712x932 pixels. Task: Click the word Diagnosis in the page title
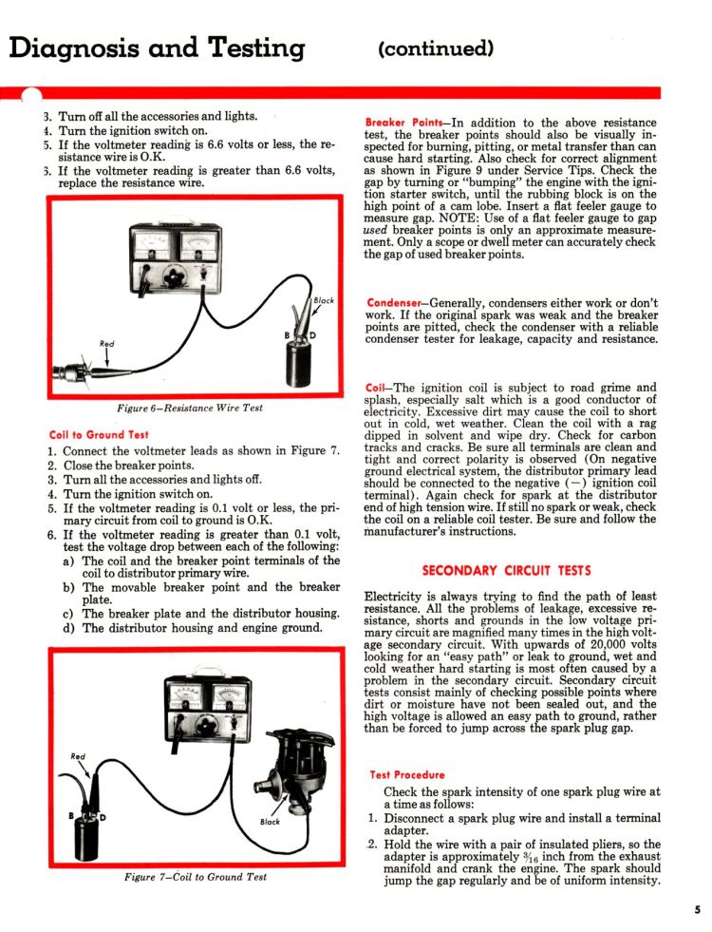(x=75, y=48)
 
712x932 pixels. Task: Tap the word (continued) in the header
(x=436, y=48)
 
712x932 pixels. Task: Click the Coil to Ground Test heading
(x=99, y=434)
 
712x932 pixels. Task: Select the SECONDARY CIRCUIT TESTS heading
(x=507, y=571)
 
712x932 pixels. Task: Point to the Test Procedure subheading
(x=406, y=774)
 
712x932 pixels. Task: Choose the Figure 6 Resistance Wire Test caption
(x=190, y=408)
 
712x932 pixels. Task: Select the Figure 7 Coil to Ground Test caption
(x=196, y=877)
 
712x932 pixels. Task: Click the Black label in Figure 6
(x=324, y=300)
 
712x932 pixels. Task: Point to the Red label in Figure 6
(x=107, y=344)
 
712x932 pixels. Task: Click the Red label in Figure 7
(x=78, y=756)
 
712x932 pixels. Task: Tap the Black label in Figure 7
(x=270, y=822)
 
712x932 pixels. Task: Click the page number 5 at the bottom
(x=697, y=909)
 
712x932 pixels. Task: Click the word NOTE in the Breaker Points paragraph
(x=457, y=219)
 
